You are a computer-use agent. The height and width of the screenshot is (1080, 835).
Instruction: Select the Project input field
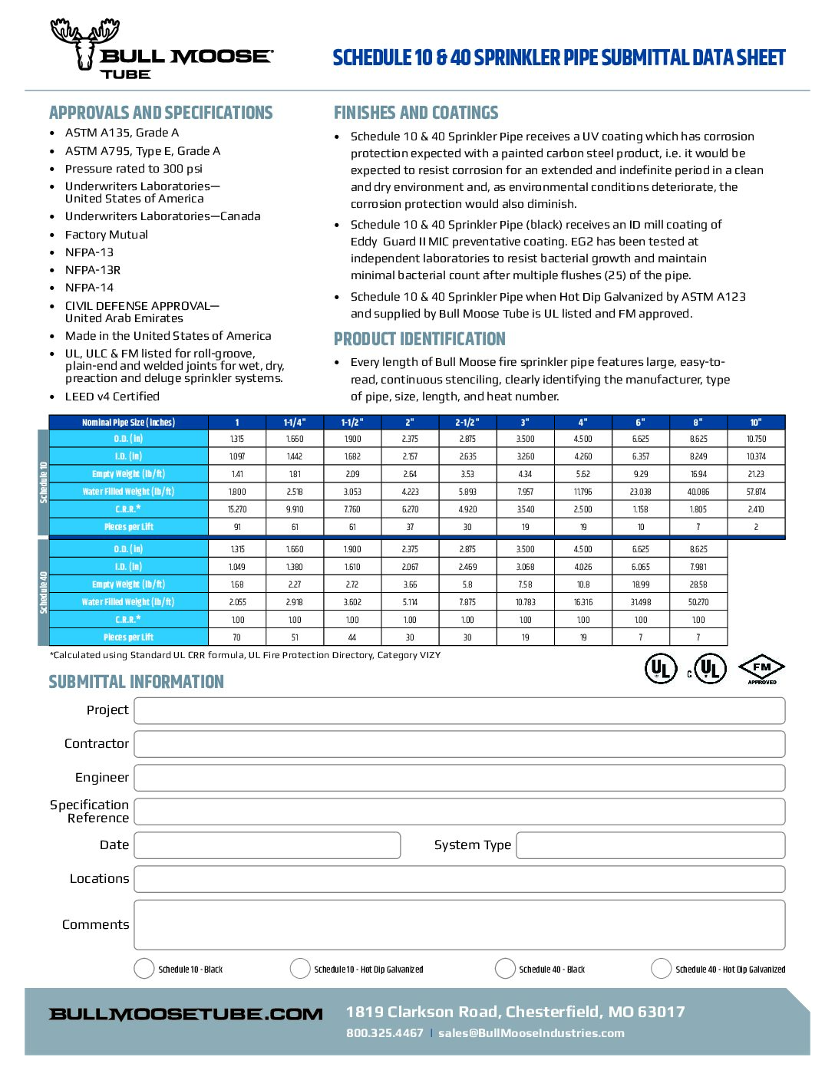pos(459,710)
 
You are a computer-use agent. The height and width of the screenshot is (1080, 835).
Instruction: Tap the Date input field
pos(267,845)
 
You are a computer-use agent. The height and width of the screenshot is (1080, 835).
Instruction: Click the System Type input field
pos(650,845)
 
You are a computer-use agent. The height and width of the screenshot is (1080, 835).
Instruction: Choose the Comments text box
pos(459,925)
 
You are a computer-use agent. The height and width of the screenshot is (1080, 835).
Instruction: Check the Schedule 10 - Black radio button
pos(144,969)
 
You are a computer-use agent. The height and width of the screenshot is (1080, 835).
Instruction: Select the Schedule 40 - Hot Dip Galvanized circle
pos(661,969)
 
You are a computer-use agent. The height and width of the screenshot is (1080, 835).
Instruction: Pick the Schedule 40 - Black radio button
pos(505,969)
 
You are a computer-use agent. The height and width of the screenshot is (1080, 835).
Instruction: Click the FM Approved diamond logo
pos(761,669)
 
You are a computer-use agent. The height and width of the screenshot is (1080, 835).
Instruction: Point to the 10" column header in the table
pos(756,423)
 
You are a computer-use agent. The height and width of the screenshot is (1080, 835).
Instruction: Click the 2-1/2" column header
pos(467,423)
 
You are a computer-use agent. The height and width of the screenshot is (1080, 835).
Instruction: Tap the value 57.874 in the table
pos(756,492)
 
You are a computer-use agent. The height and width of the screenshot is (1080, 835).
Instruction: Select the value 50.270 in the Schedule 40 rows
pos(698,602)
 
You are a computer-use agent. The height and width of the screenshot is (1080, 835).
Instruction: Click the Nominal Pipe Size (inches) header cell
pos(128,423)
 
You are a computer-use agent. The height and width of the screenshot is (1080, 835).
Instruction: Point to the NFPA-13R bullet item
pos(93,270)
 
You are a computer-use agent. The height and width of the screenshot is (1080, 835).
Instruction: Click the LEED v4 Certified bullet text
pos(112,397)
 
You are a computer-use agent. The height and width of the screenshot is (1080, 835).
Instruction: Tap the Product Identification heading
pos(420,339)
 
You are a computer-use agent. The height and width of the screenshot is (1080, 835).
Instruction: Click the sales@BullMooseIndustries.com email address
pos(531,1033)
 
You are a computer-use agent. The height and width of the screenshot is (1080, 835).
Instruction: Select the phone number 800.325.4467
pos(384,1033)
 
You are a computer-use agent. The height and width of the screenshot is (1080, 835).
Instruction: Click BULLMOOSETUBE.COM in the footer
pos(186,1014)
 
